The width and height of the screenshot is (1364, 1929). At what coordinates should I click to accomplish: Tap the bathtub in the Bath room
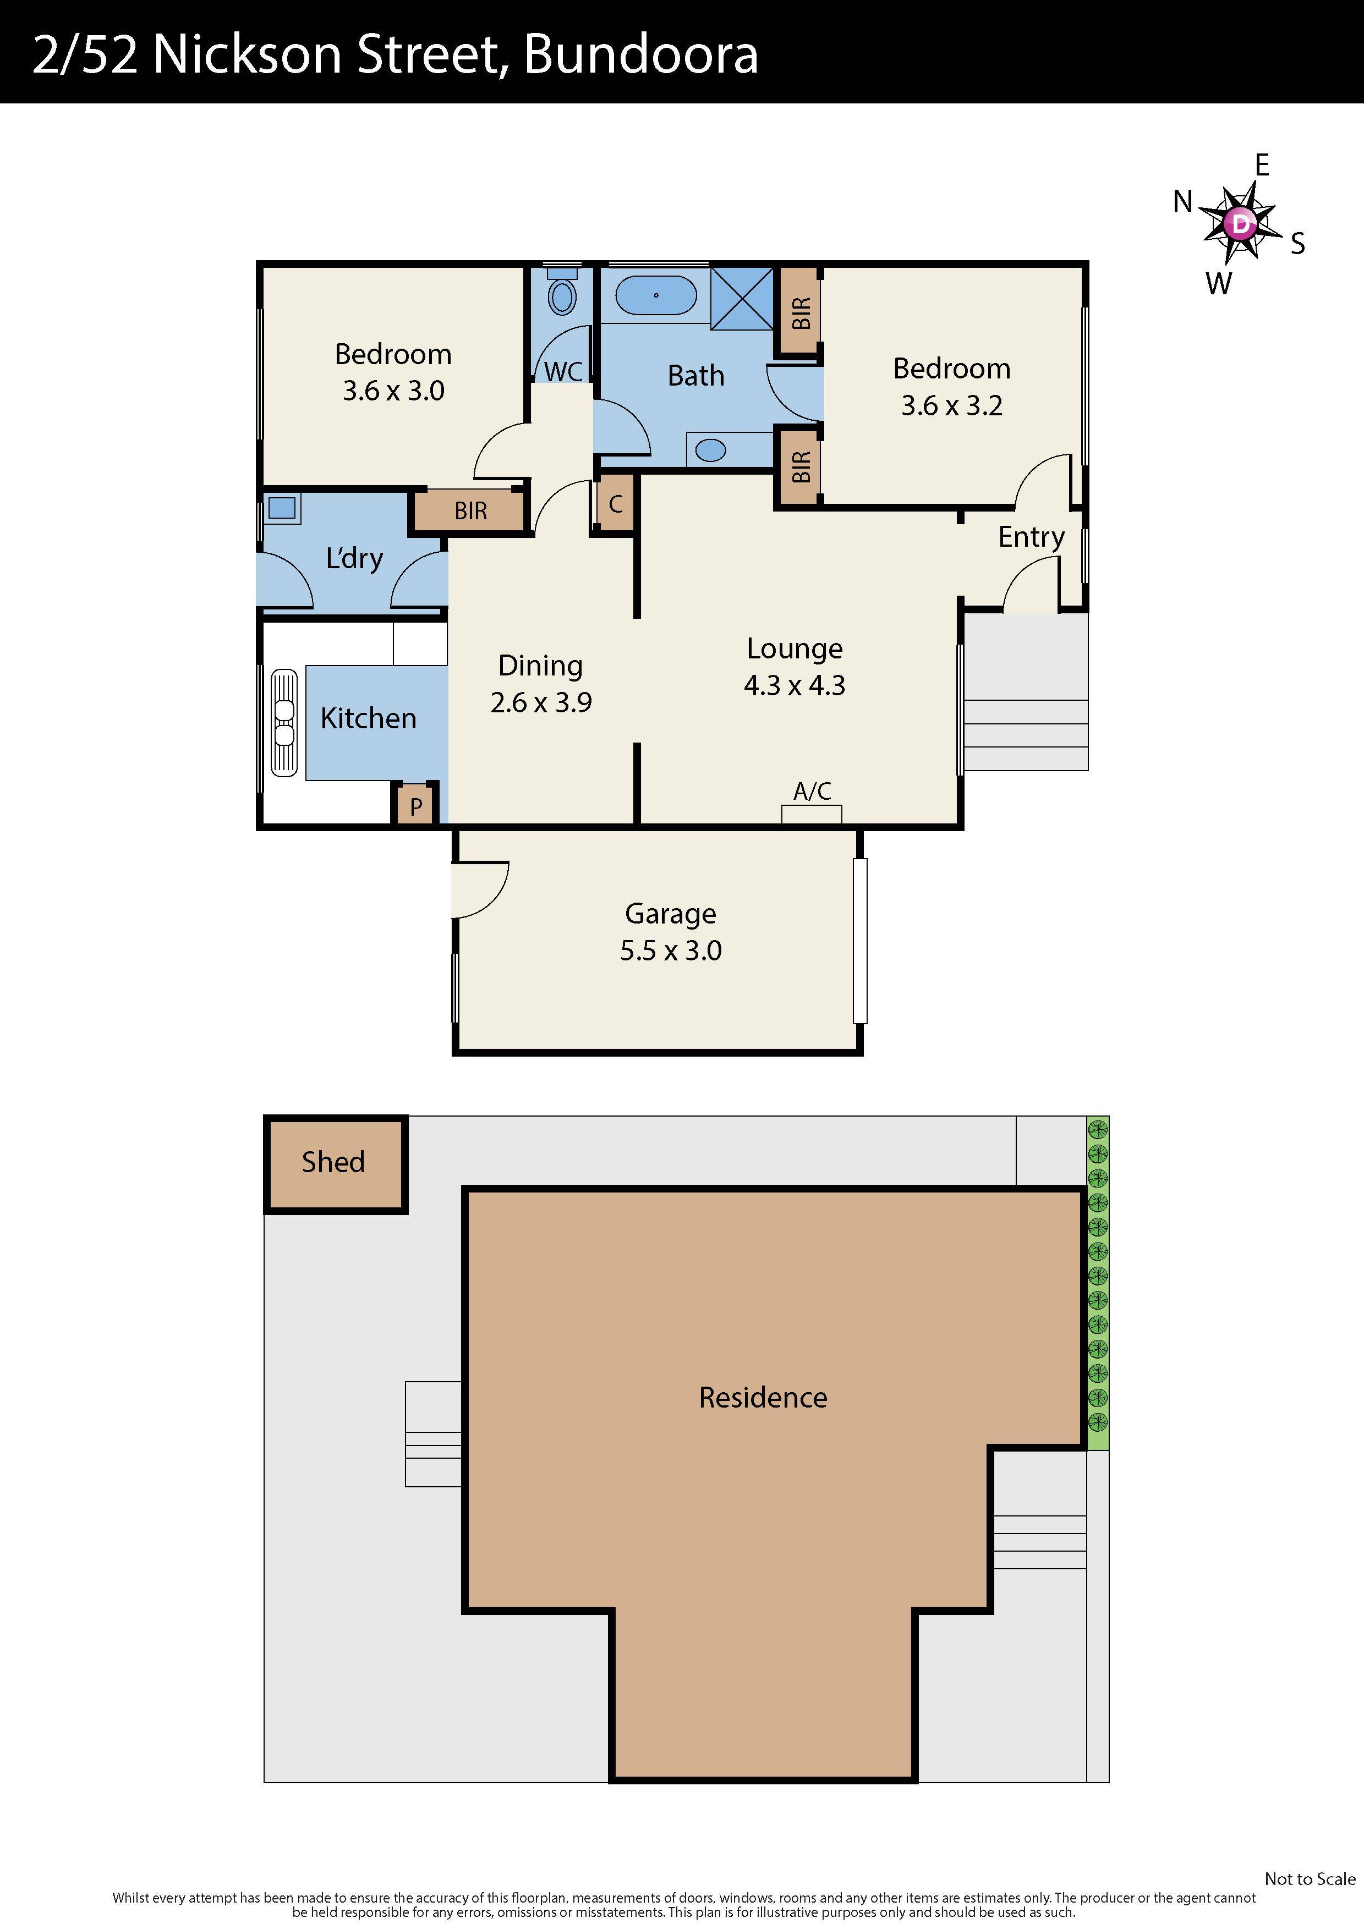click(x=655, y=296)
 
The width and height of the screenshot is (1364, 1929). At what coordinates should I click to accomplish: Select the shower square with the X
click(x=741, y=298)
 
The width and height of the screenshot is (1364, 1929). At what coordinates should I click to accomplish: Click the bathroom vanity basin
click(x=711, y=450)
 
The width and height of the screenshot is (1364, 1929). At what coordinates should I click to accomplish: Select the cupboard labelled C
click(x=615, y=504)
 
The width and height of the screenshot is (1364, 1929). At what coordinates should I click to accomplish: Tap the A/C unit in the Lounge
click(x=811, y=814)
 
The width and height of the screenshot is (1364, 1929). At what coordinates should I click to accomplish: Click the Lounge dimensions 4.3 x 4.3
click(x=794, y=685)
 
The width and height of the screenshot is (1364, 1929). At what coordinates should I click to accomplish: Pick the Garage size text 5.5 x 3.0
click(x=671, y=950)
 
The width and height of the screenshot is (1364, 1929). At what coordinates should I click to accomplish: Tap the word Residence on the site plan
click(x=762, y=1397)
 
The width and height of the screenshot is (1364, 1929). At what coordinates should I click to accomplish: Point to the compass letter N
click(x=1182, y=202)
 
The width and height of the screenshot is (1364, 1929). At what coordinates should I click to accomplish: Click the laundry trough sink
click(x=282, y=508)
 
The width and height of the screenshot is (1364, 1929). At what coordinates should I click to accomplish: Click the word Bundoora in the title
click(x=640, y=54)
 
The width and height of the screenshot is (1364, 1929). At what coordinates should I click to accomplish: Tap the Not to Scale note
click(x=1310, y=1878)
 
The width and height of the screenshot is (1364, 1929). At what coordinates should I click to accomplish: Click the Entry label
click(x=1031, y=537)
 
